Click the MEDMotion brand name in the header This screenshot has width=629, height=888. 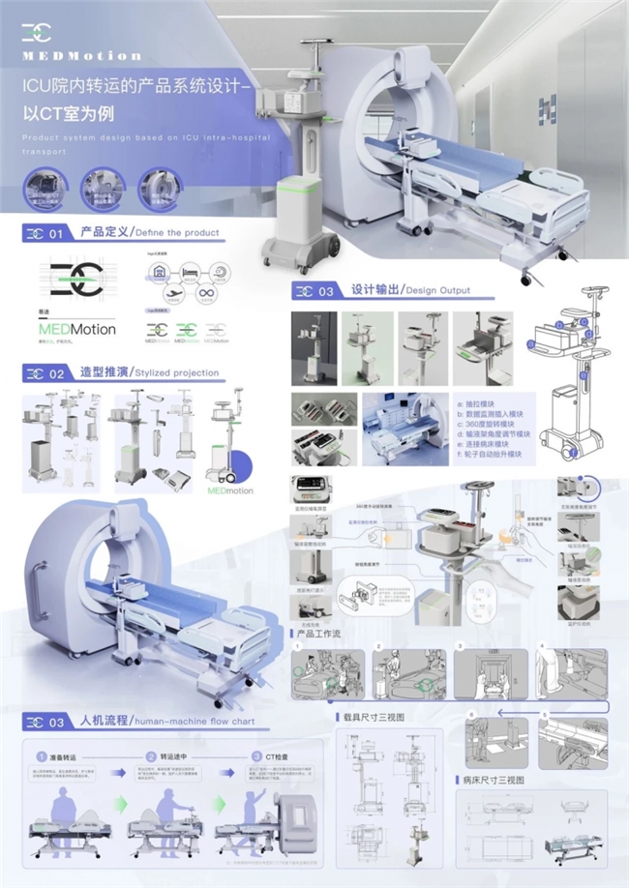(x=81, y=56)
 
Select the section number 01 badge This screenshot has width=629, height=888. (x=45, y=233)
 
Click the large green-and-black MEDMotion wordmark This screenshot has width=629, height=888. (x=77, y=329)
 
